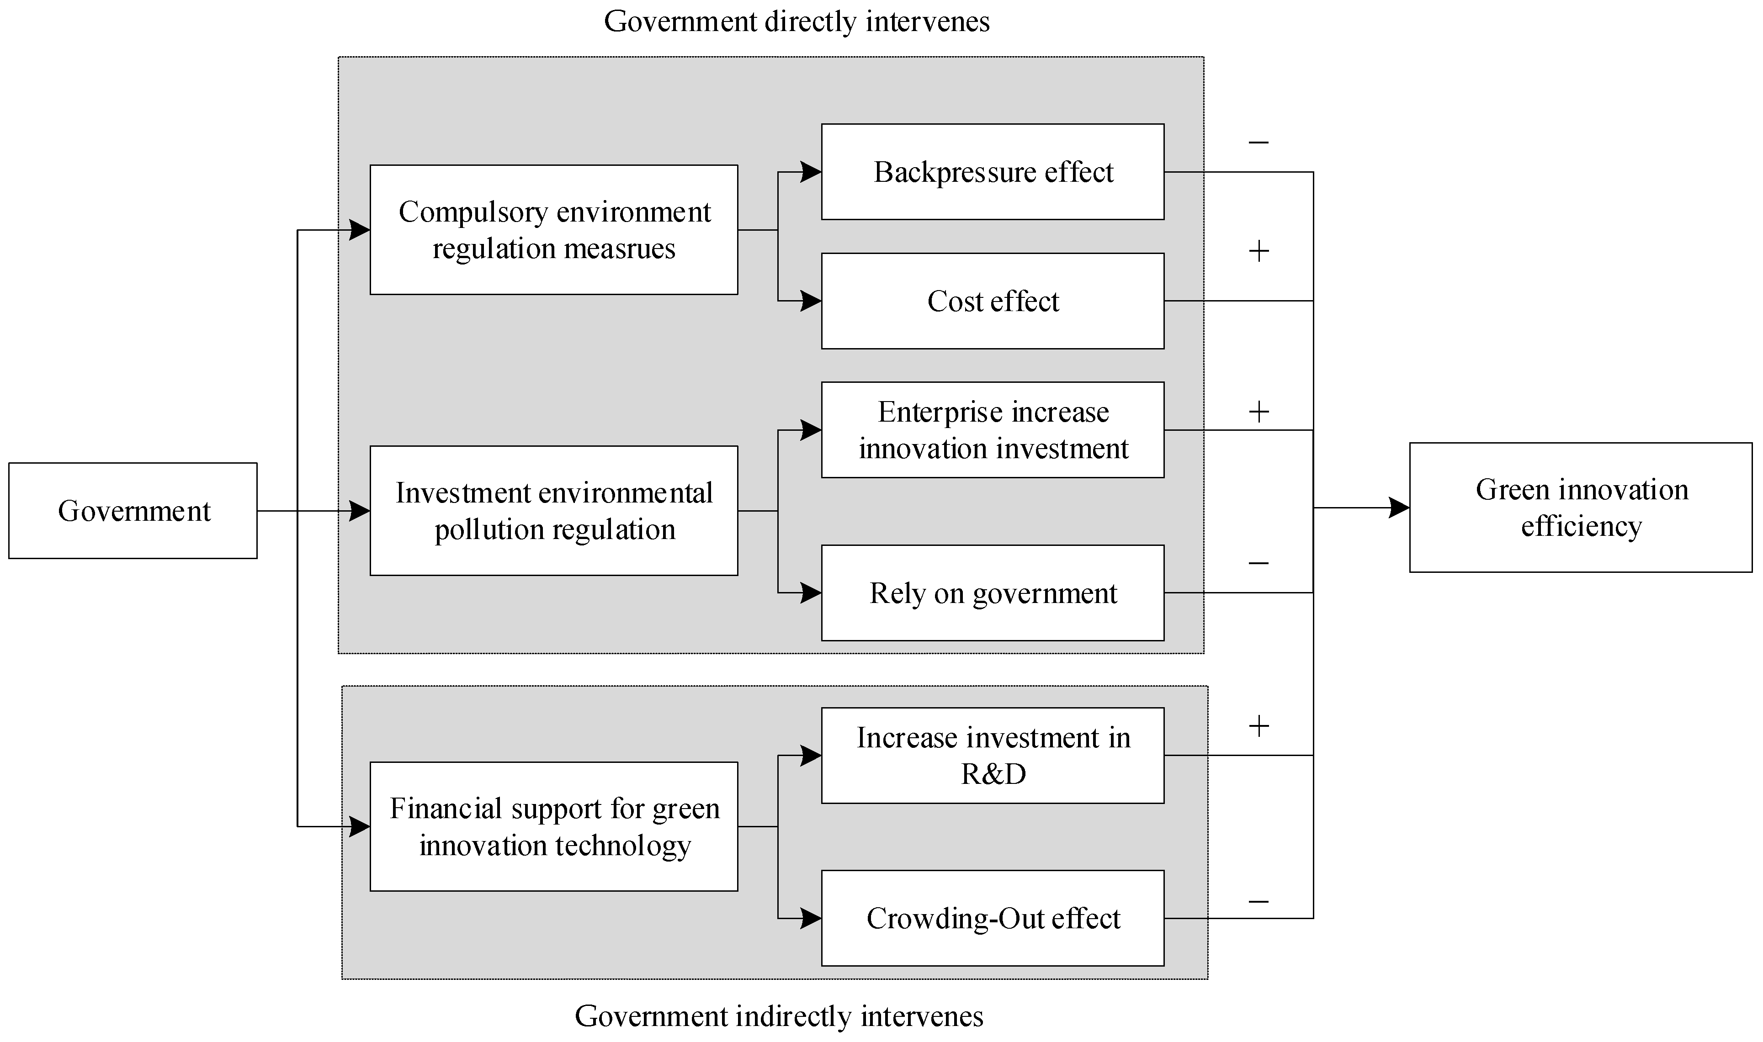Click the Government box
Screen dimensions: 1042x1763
pos(133,510)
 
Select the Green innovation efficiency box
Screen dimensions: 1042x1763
pos(1580,507)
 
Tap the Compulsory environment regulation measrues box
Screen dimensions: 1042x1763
pos(553,230)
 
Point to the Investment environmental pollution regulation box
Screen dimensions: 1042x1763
pos(553,510)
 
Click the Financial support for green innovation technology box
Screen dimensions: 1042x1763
pos(553,826)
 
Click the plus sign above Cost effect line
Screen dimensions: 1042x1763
pos(1258,251)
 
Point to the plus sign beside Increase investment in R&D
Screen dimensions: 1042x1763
pos(1258,726)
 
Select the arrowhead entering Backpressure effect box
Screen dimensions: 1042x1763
pos(811,172)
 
